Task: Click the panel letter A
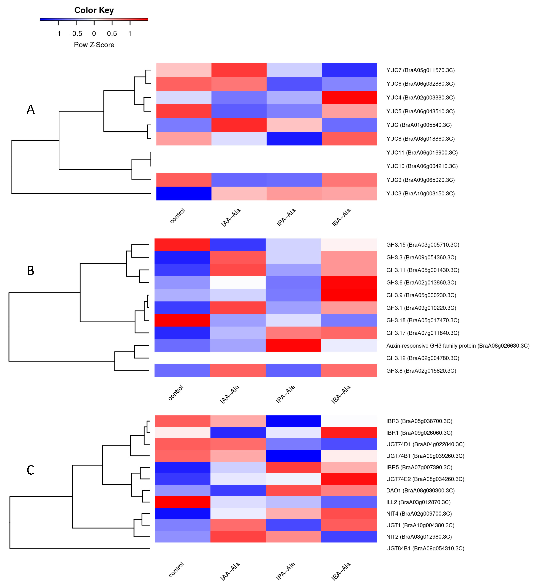pyautogui.click(x=31, y=110)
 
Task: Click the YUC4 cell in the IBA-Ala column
pyautogui.click(x=349, y=97)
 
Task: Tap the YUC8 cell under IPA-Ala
pyautogui.click(x=294, y=139)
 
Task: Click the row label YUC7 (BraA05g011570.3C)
pyautogui.click(x=420, y=70)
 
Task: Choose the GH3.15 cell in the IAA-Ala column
pyautogui.click(x=238, y=245)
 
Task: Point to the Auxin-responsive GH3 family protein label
pyautogui.click(x=458, y=346)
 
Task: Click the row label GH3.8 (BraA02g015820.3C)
pyautogui.click(x=421, y=371)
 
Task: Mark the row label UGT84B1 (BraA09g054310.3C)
pyautogui.click(x=425, y=548)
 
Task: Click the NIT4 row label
pyautogui.click(x=419, y=514)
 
